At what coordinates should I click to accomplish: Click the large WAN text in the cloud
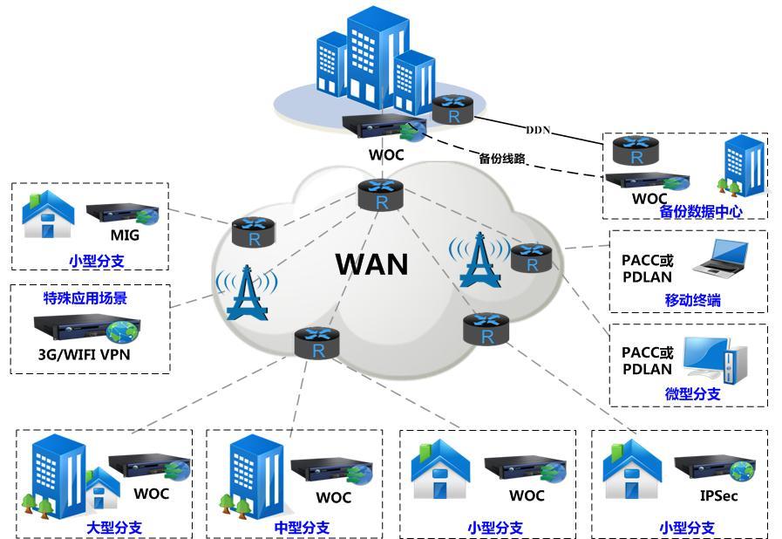pyautogui.click(x=371, y=263)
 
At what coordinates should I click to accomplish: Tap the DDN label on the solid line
pyautogui.click(x=538, y=130)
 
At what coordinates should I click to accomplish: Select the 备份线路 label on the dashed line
pyautogui.click(x=502, y=159)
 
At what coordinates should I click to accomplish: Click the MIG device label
pyautogui.click(x=125, y=235)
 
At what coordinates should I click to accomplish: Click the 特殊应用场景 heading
pyautogui.click(x=85, y=298)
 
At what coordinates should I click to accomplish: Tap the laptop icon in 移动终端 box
pyautogui.click(x=720, y=256)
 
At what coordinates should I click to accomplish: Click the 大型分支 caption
pyautogui.click(x=113, y=527)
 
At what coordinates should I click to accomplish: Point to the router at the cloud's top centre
pyautogui.click(x=381, y=194)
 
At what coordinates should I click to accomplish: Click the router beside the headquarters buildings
pyautogui.click(x=452, y=110)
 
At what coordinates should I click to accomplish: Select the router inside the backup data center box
pyautogui.click(x=636, y=151)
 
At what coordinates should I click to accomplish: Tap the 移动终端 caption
pyautogui.click(x=692, y=301)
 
